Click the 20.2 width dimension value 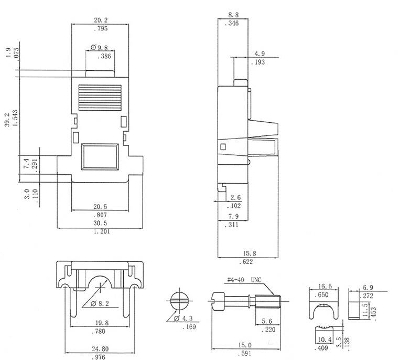(x=101, y=20)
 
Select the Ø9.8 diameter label (x=100, y=47)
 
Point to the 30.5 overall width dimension (x=102, y=223)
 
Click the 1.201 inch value (x=102, y=231)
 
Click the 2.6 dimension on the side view (x=236, y=197)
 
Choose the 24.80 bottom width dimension (x=101, y=348)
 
